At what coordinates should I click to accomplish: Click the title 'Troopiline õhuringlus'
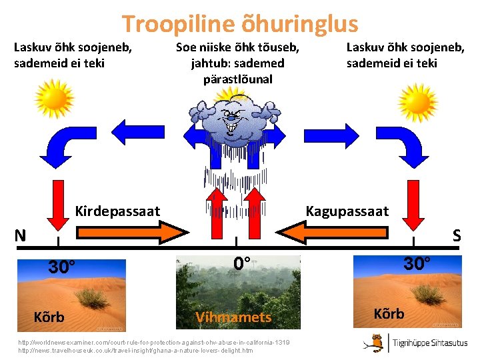pos(240,25)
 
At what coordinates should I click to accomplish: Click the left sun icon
pos(55,98)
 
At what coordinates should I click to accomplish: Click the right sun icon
pos(419,98)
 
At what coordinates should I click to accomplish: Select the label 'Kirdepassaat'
pos(118,211)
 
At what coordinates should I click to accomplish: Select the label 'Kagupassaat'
pos(347,211)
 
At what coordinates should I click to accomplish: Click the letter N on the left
pos(21,235)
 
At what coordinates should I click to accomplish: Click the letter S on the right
pos(457,235)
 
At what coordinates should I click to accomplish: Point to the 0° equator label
pos(241,263)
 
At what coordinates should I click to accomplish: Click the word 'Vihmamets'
pos(233,317)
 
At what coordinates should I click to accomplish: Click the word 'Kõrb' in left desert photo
pos(49,317)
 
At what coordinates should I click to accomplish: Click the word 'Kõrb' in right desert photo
pos(389,313)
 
